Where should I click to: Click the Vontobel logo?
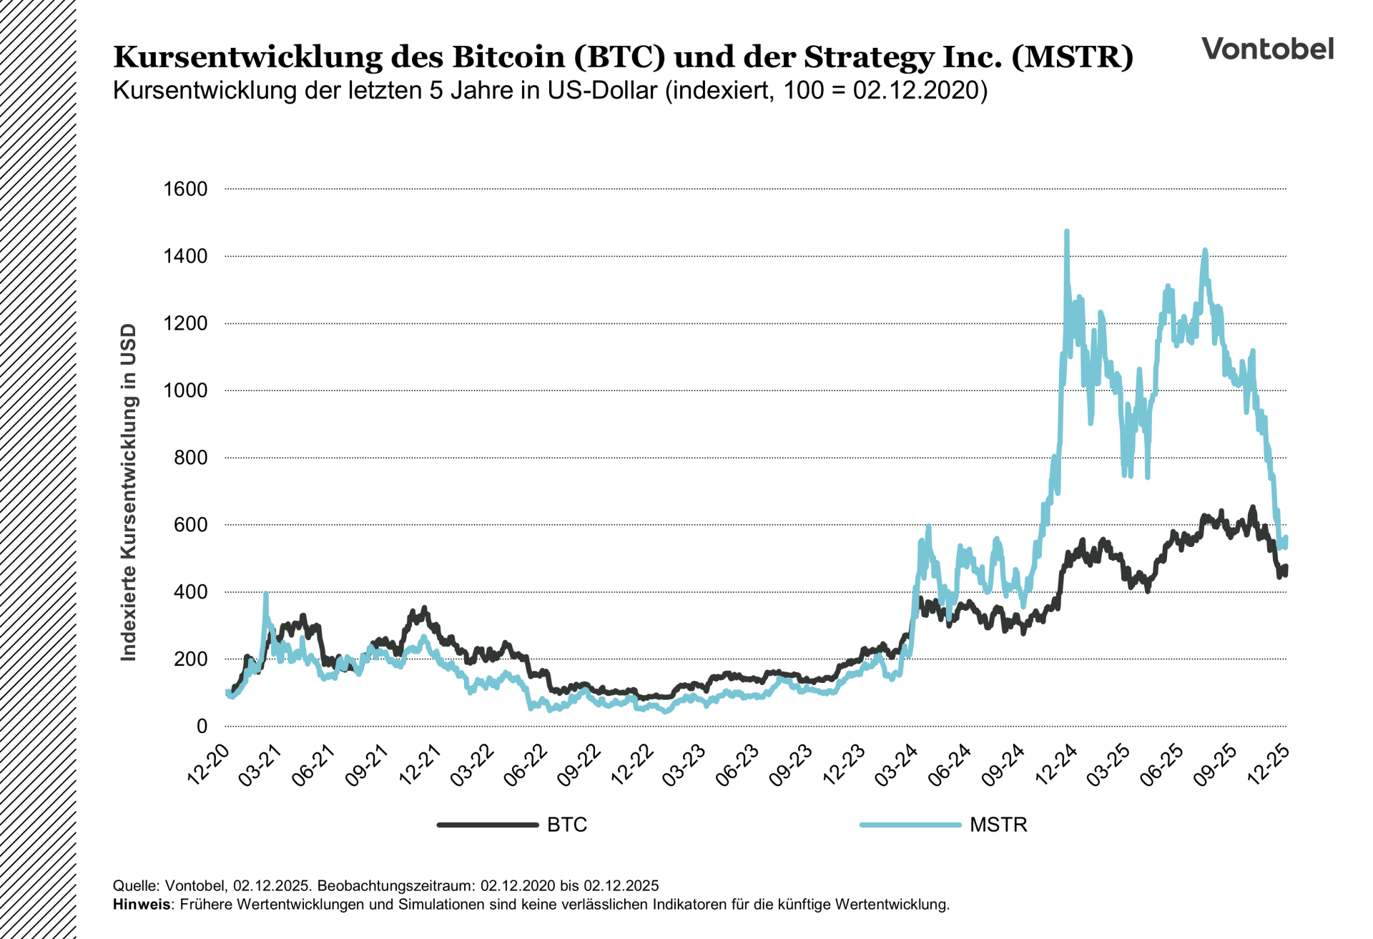[1267, 49]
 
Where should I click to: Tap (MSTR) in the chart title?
[1072, 57]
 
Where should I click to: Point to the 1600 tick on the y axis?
[185, 189]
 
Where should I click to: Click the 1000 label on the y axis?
[185, 390]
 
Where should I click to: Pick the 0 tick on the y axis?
[202, 726]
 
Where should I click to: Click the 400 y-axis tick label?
[190, 592]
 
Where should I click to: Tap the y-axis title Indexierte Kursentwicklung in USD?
[129, 492]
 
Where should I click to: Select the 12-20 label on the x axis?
[209, 765]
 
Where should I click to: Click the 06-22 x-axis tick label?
[526, 765]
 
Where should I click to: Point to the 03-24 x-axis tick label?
[897, 765]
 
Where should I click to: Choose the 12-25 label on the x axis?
[1268, 765]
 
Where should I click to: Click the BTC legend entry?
[566, 825]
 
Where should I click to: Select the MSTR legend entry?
[998, 825]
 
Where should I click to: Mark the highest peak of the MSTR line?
[1067, 232]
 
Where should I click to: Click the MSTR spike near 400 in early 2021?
[266, 594]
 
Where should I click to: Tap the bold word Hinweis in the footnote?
[141, 905]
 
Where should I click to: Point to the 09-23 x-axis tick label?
[791, 765]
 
